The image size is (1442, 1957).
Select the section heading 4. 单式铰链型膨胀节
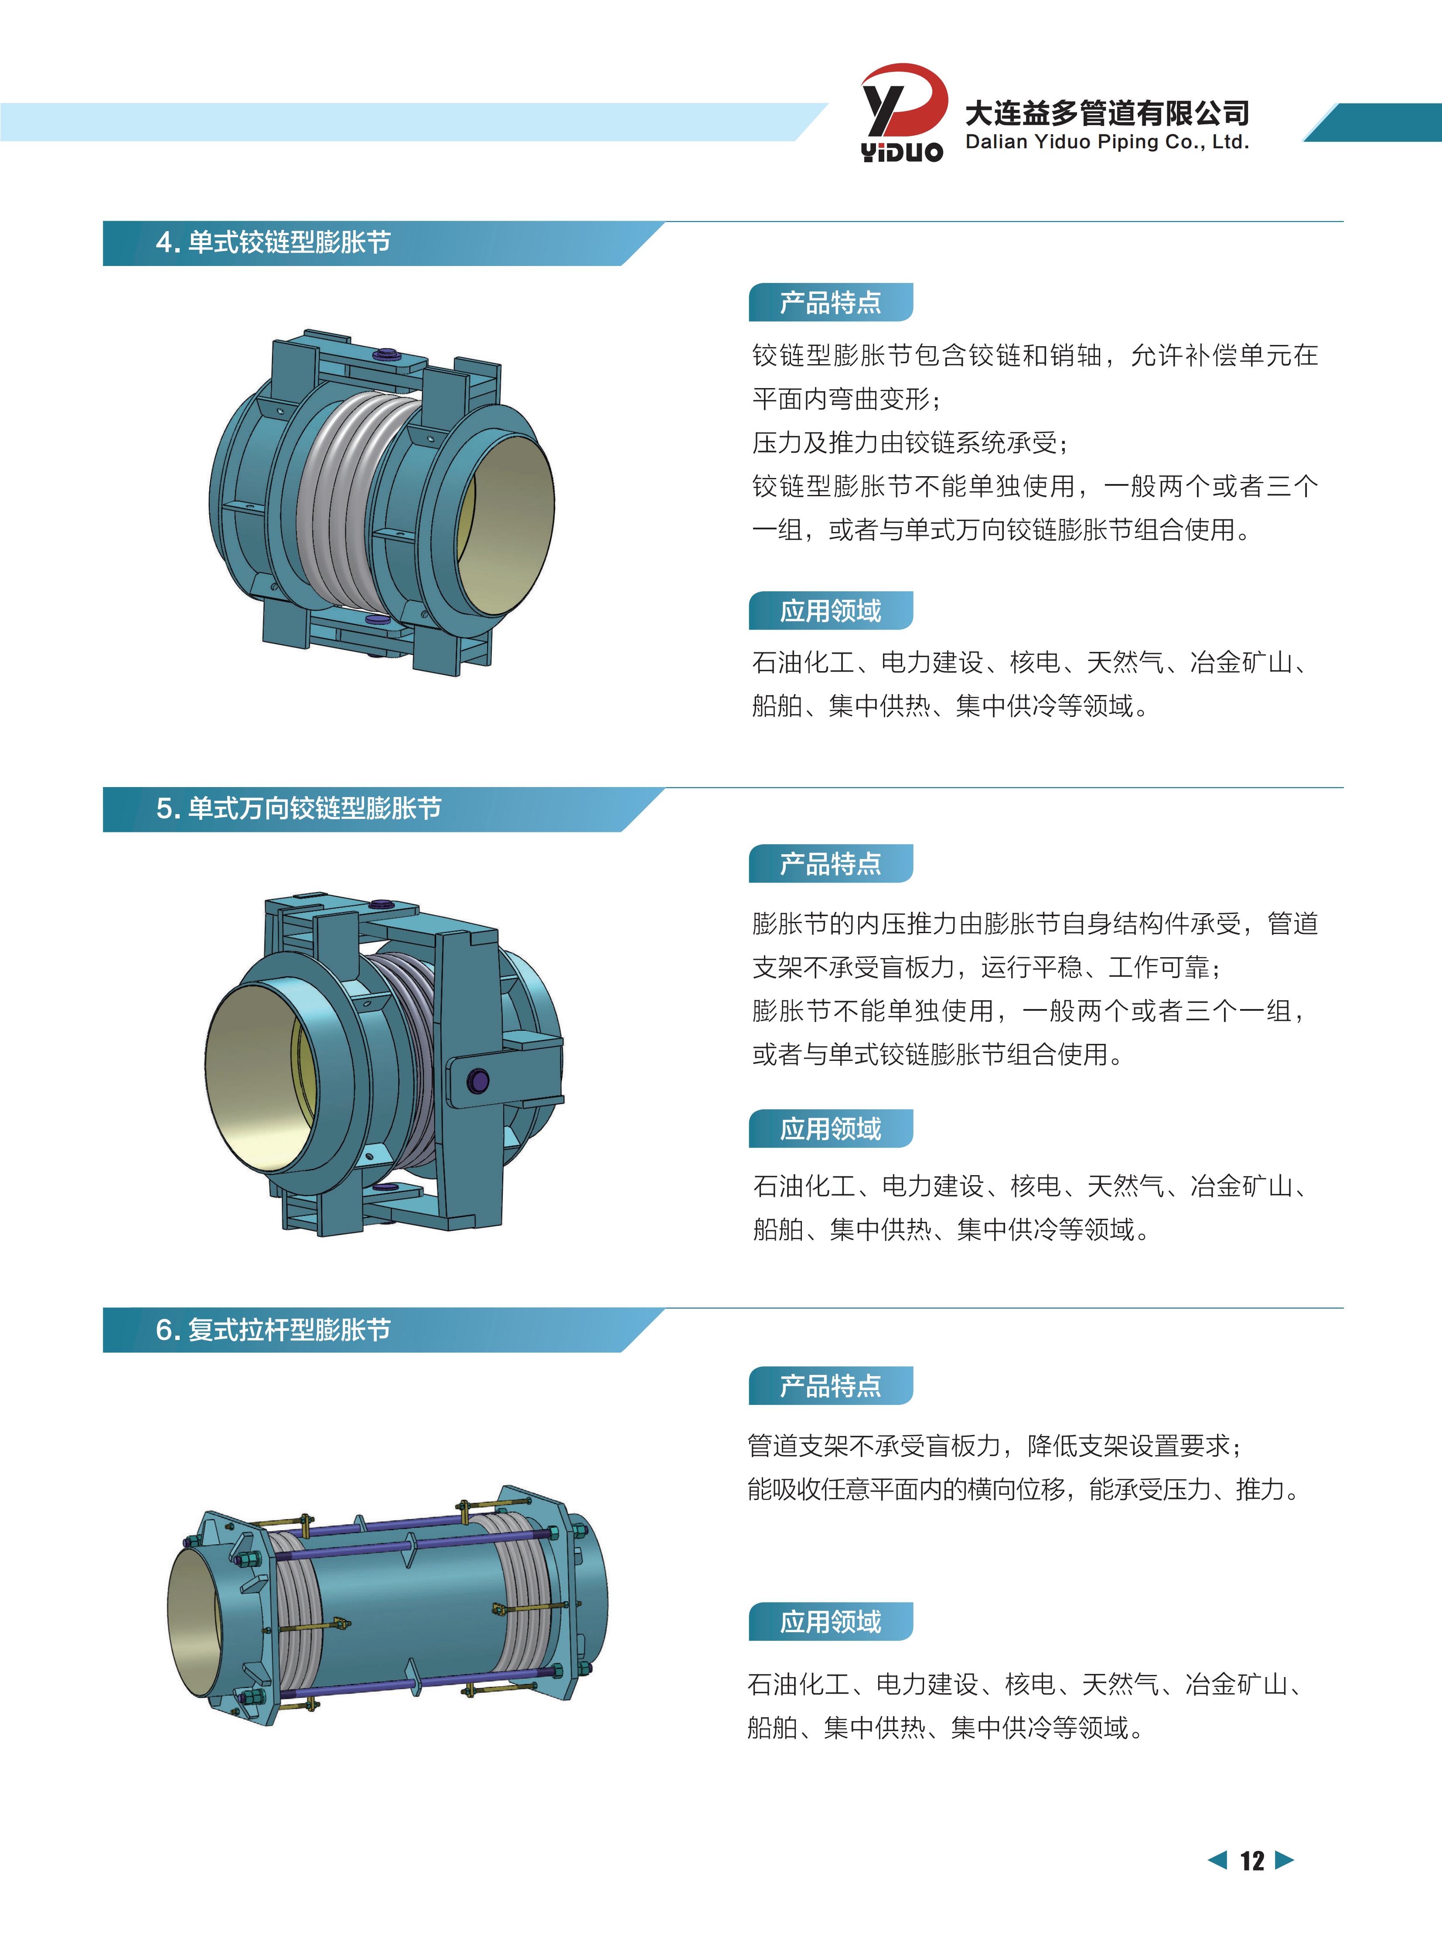[273, 242]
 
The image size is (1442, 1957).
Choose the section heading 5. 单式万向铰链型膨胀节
[299, 808]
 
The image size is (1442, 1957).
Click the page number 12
[1252, 1861]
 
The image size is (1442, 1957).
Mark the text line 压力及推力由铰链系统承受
[910, 443]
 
